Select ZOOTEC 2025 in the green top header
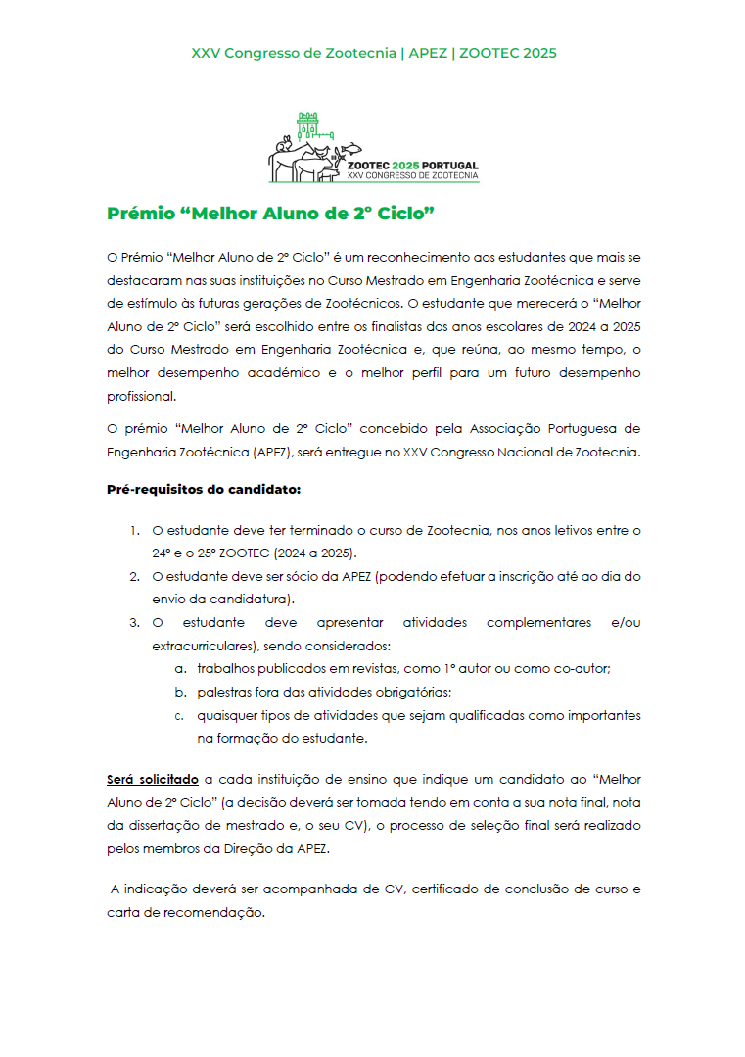(505, 53)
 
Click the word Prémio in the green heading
(140, 214)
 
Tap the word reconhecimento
(427, 257)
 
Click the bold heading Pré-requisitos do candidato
(203, 488)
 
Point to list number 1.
(134, 531)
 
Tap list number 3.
(134, 622)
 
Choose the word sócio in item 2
(302, 576)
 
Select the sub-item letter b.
(180, 692)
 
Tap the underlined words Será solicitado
(153, 780)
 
